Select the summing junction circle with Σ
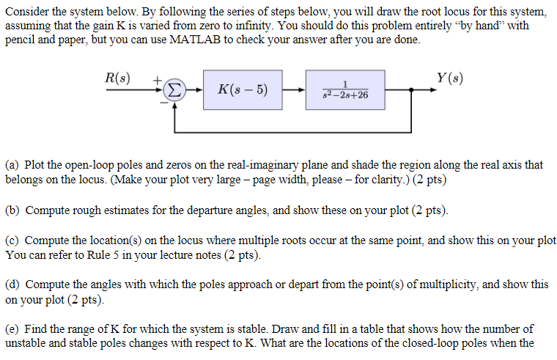173,91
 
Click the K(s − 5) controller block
243,91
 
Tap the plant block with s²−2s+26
344,91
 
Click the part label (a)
13,165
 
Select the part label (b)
13,210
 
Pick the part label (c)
13,240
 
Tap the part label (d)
13,284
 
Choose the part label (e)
13,328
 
